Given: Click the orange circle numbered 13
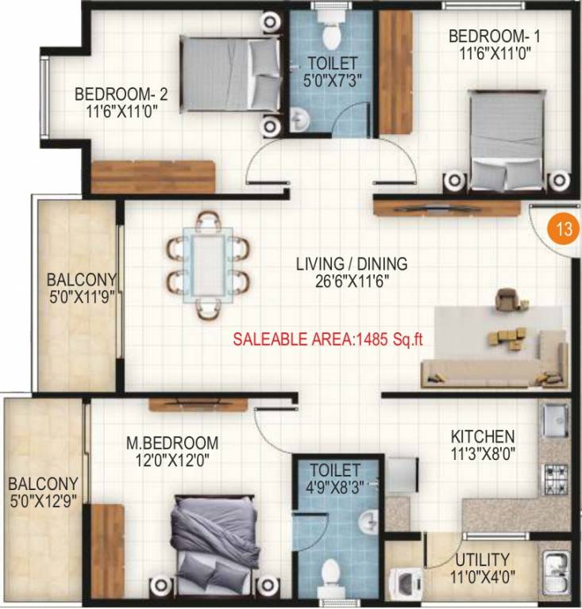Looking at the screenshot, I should click(x=565, y=231).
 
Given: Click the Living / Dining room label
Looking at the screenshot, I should click(x=351, y=263).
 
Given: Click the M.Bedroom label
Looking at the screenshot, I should click(x=172, y=442).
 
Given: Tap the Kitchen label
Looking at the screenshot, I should click(x=483, y=437).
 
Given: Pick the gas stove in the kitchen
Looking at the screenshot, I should click(x=556, y=478).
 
